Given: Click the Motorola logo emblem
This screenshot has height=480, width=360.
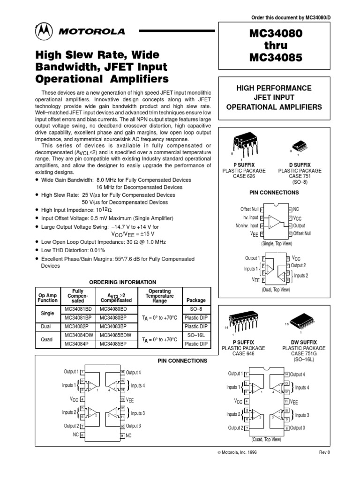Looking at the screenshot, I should click(44, 32).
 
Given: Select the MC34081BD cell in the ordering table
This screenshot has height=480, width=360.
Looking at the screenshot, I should click(78, 310).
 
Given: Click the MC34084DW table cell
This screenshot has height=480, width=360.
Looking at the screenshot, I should click(79, 335).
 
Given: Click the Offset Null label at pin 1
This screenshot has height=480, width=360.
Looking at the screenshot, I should click(249, 209).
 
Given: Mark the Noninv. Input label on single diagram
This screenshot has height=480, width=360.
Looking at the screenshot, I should click(247, 225).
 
